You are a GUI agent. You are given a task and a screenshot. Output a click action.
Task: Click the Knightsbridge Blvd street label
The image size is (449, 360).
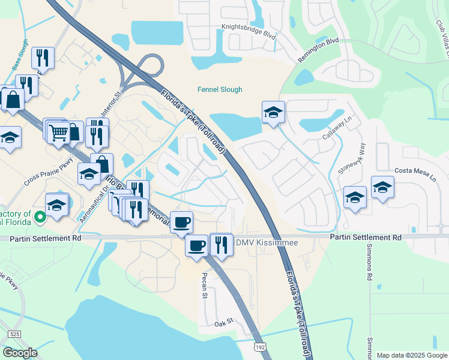(x=248, y=31)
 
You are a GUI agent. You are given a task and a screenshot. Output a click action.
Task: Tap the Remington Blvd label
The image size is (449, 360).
(x=318, y=50)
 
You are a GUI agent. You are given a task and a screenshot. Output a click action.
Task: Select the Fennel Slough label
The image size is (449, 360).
(x=220, y=90)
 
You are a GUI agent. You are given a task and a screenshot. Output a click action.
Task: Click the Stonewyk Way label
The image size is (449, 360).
(x=351, y=158)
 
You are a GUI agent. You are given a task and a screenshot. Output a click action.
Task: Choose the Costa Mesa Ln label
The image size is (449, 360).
(x=414, y=172)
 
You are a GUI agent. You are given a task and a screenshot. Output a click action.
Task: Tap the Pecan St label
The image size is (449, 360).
(x=205, y=280)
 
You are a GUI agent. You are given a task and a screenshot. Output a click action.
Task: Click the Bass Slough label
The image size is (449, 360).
(x=20, y=61)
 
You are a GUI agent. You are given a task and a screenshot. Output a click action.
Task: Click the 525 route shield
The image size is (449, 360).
(x=15, y=334)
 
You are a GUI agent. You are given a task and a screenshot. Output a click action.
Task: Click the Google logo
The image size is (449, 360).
(x=20, y=352)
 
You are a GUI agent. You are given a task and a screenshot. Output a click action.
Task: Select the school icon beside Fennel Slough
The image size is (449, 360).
(x=273, y=112)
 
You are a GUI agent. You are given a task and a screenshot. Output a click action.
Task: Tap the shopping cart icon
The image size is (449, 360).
(x=58, y=132)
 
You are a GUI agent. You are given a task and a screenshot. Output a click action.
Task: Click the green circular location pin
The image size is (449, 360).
(x=40, y=217)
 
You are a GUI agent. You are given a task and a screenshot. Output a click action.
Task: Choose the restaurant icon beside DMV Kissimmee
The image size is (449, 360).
(x=222, y=244)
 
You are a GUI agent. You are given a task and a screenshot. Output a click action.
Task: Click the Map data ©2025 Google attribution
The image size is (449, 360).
(x=411, y=355)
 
